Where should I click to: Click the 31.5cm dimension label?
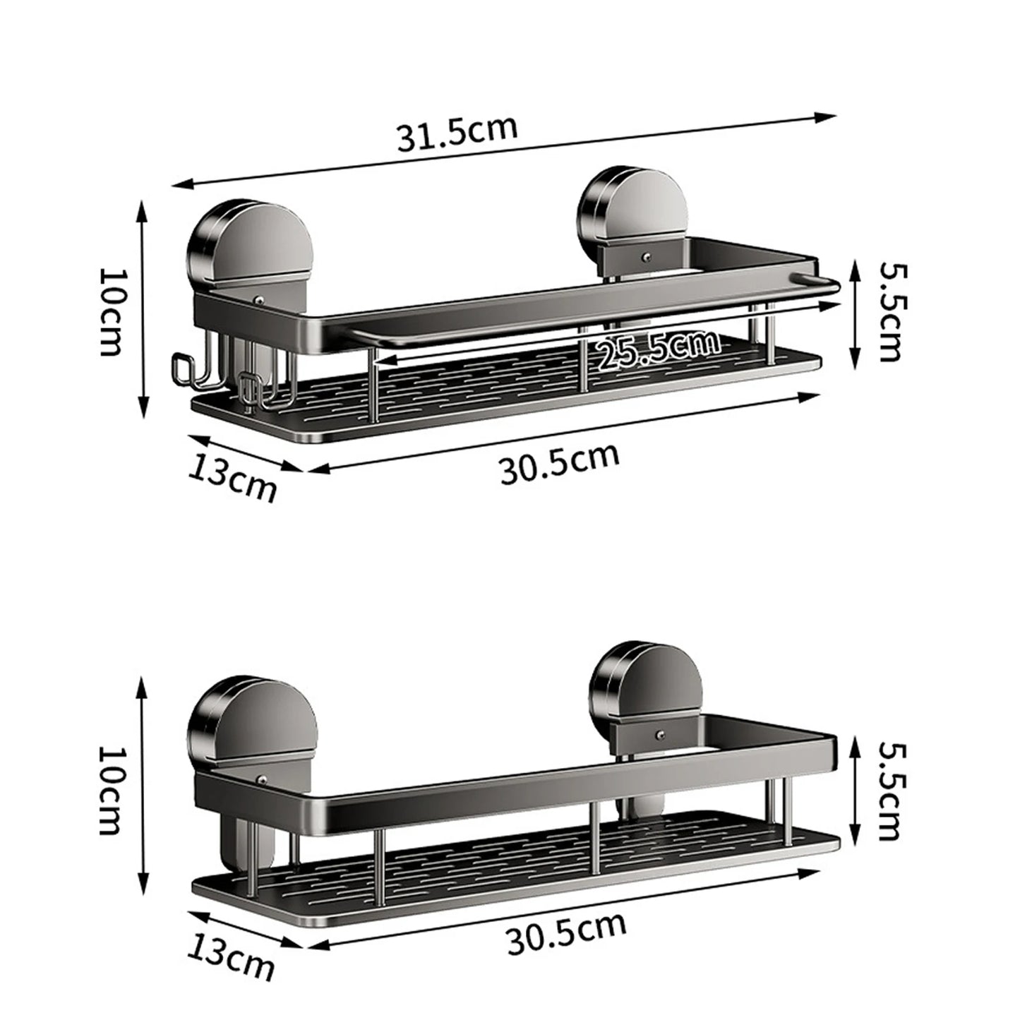457,134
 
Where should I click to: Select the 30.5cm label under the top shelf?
560,462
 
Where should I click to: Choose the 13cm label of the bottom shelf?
231,955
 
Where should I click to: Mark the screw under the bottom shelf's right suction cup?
659,736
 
